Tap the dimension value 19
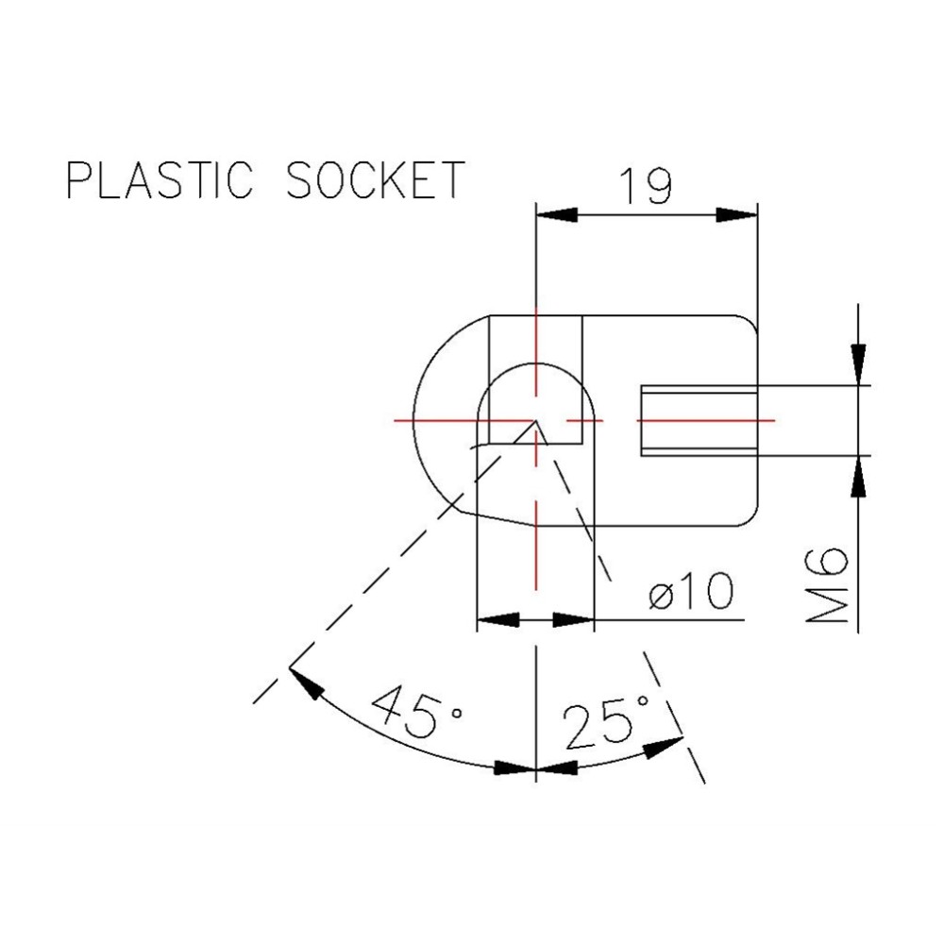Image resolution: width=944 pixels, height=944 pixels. point(646,186)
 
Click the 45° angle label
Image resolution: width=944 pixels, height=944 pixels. point(416,714)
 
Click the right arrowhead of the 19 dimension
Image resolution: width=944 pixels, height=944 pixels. point(737,216)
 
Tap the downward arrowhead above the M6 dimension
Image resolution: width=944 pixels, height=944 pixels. point(858,364)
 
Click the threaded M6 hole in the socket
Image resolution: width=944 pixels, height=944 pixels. point(699,420)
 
